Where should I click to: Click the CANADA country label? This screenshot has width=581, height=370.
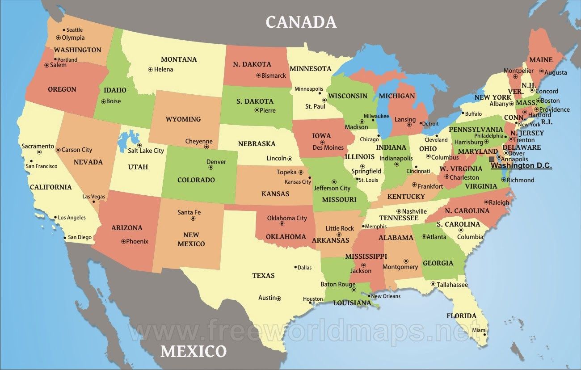coord(301,22)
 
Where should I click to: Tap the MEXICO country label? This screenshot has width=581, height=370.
coord(194,351)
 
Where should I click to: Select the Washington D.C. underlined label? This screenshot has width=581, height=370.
coord(522,166)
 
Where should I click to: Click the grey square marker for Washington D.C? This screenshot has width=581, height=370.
coord(492,159)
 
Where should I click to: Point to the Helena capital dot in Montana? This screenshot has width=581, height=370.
coord(150,69)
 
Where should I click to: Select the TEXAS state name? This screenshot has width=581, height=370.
coord(263,275)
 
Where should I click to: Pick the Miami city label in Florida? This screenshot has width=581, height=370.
coord(479,330)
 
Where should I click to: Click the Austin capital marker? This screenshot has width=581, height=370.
coord(278,298)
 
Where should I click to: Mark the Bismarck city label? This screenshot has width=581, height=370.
coord(274,76)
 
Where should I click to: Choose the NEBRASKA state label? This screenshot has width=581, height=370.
coord(257,144)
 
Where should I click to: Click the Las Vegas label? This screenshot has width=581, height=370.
coord(94,197)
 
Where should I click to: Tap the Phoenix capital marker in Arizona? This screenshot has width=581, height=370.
coord(123,241)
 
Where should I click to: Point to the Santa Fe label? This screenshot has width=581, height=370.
coord(189,212)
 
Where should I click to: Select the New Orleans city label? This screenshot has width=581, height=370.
coord(386,296)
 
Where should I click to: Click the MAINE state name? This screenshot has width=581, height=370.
coord(541,60)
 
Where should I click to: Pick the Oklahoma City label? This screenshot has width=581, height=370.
coord(287,218)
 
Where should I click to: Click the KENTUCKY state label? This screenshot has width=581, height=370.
coord(406,197)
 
